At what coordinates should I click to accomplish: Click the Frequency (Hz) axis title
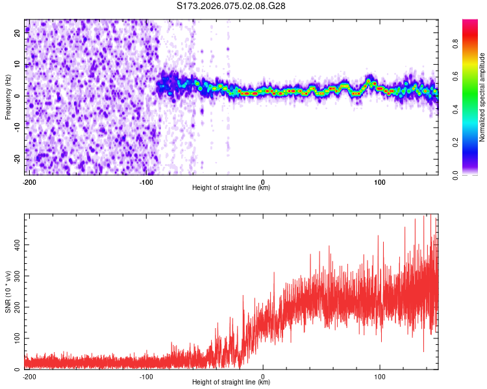[x=8, y=97]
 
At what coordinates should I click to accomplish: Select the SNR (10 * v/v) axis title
[x=8, y=291]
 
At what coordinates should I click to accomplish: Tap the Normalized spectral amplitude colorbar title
[x=482, y=97]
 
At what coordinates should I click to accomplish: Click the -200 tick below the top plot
[x=29, y=182]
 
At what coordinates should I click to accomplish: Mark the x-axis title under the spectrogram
[x=231, y=188]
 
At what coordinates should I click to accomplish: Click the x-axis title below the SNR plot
[x=231, y=383]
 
